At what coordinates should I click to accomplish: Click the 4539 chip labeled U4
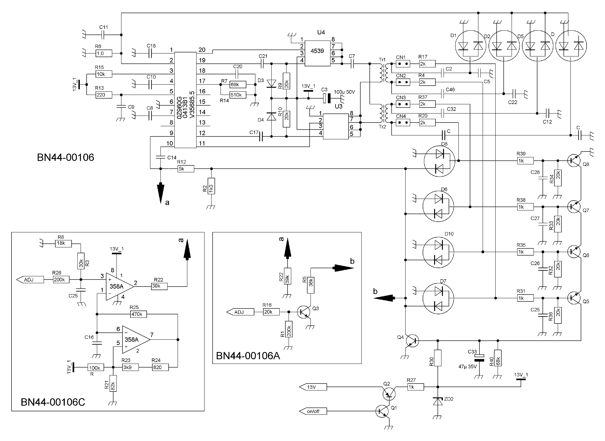coord(318,53)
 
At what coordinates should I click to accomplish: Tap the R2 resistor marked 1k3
coord(211,186)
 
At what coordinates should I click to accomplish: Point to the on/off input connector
coord(313,411)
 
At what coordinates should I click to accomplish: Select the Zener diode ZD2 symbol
coord(438,401)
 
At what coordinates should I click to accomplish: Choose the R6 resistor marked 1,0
coord(104,53)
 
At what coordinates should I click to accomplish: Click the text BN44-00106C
coord(53,402)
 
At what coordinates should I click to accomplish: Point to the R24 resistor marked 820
coord(160,367)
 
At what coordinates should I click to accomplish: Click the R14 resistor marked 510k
coord(238,95)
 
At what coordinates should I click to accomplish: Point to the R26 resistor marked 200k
coord(61,279)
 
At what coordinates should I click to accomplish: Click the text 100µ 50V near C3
coord(344,92)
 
